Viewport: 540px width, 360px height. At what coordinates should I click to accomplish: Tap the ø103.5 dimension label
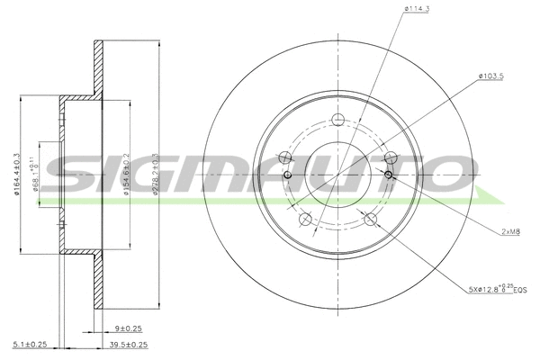coord(492,76)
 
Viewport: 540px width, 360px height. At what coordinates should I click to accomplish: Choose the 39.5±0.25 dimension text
coord(128,343)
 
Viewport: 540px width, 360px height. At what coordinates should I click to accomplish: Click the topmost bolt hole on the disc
coord(338,122)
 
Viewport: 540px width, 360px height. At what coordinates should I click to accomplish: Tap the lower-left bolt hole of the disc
coord(306,219)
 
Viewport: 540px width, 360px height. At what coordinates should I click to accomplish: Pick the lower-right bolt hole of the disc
coord(370,219)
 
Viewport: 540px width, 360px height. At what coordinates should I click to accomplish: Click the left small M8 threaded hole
coord(287,175)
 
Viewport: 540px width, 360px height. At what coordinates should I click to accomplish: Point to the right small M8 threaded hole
coord(389,175)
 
